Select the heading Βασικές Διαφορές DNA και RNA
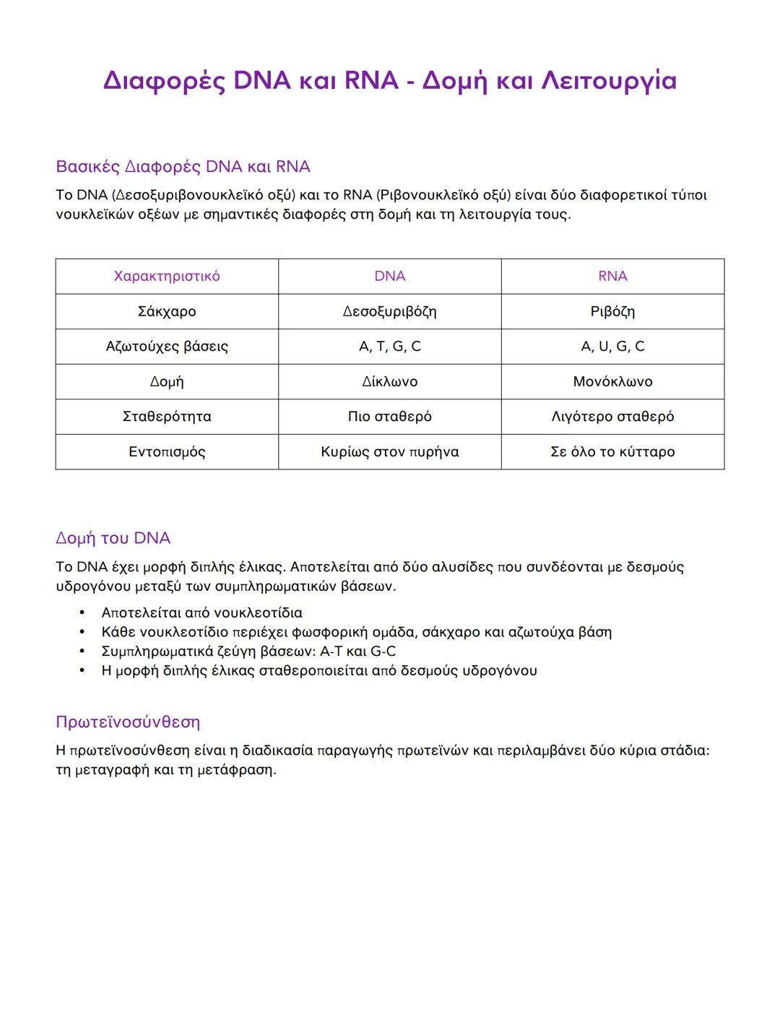[x=183, y=167]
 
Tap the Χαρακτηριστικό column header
[x=167, y=276]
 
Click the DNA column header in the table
[x=390, y=276]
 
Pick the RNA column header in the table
[x=612, y=276]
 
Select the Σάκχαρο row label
[x=167, y=311]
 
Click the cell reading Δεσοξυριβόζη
[x=390, y=311]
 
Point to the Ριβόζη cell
[x=612, y=311]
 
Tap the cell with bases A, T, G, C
[x=390, y=347]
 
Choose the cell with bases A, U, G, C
[x=612, y=347]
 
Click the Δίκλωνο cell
[x=390, y=381]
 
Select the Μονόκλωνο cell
[x=612, y=381]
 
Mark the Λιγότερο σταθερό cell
[x=612, y=417]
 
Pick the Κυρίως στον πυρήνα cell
[x=390, y=452]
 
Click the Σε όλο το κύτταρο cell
[x=612, y=452]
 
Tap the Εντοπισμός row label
[x=167, y=452]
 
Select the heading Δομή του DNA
[x=113, y=538]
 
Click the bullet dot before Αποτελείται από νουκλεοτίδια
[x=82, y=612]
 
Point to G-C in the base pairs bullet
[x=383, y=651]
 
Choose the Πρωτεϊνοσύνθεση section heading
[x=128, y=722]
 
